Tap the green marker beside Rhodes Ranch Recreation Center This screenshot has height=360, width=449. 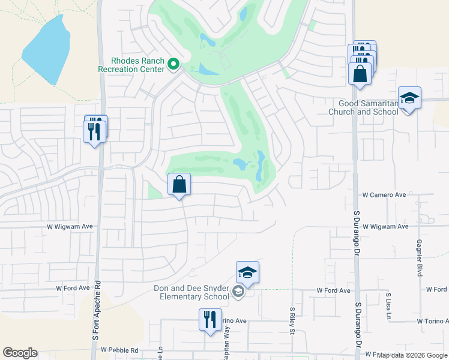pos(173,64)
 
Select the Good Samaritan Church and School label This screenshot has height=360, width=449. pos(364,107)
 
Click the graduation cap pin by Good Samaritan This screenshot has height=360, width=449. pos(409,99)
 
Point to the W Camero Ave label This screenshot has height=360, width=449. pos(384,195)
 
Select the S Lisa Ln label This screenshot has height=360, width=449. pos(389,305)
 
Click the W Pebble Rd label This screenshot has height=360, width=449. pos(119,350)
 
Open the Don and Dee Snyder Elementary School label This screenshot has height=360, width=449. pos(191,293)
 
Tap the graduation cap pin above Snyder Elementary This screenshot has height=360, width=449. pos(247,274)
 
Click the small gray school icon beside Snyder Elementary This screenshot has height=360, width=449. pos(238,293)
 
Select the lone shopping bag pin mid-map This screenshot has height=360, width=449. pos(179,185)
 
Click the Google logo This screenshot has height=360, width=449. pos(20,353)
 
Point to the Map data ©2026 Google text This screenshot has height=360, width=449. pos(412,355)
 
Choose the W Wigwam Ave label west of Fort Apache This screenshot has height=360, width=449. pos(71,227)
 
